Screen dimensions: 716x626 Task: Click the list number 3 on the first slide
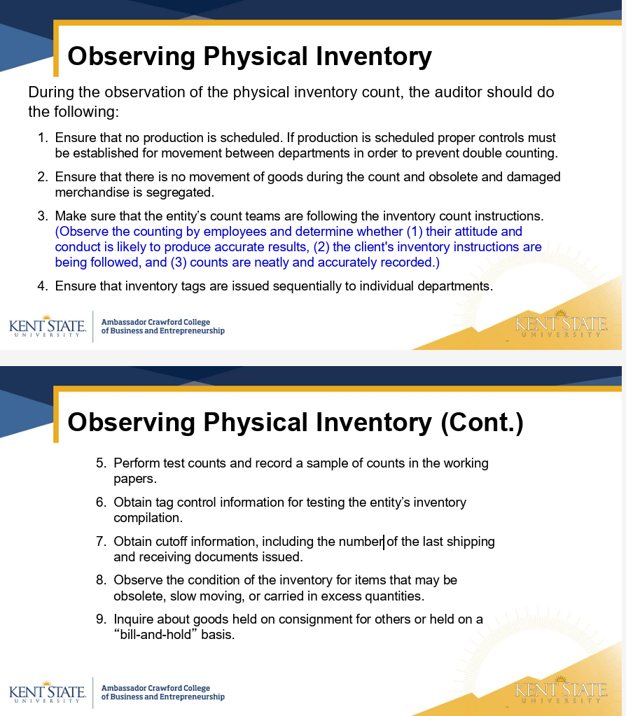click(41, 216)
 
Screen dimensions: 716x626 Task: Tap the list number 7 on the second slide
click(100, 542)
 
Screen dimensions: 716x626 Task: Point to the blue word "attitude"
click(473, 232)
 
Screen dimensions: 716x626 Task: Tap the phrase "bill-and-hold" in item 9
click(155, 635)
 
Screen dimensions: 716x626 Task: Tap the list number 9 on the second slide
click(100, 619)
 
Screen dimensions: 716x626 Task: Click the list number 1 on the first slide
click(41, 138)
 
